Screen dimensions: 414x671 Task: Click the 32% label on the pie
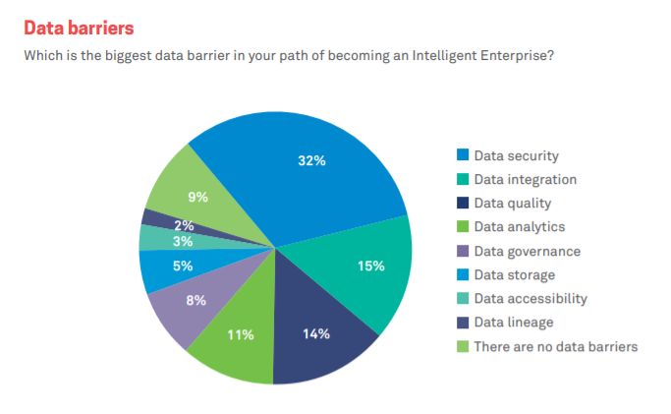(x=311, y=161)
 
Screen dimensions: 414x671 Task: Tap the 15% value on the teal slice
(x=370, y=266)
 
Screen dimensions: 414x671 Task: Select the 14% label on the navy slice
(x=315, y=333)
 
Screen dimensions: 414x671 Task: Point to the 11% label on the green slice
(x=241, y=334)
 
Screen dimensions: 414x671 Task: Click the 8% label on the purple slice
(x=196, y=300)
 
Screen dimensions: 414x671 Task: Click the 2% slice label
(x=184, y=226)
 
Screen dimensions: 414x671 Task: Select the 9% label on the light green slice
(x=198, y=197)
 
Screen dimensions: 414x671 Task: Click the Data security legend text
(x=516, y=155)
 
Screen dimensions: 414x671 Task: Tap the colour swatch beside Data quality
(x=462, y=204)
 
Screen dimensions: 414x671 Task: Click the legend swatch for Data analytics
(x=462, y=227)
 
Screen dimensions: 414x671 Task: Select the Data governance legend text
(x=527, y=251)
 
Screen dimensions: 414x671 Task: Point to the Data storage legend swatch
(x=462, y=275)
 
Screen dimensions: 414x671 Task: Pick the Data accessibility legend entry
(x=531, y=299)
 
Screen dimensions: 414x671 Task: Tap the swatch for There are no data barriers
(x=462, y=346)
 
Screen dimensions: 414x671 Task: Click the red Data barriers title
(x=79, y=27)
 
